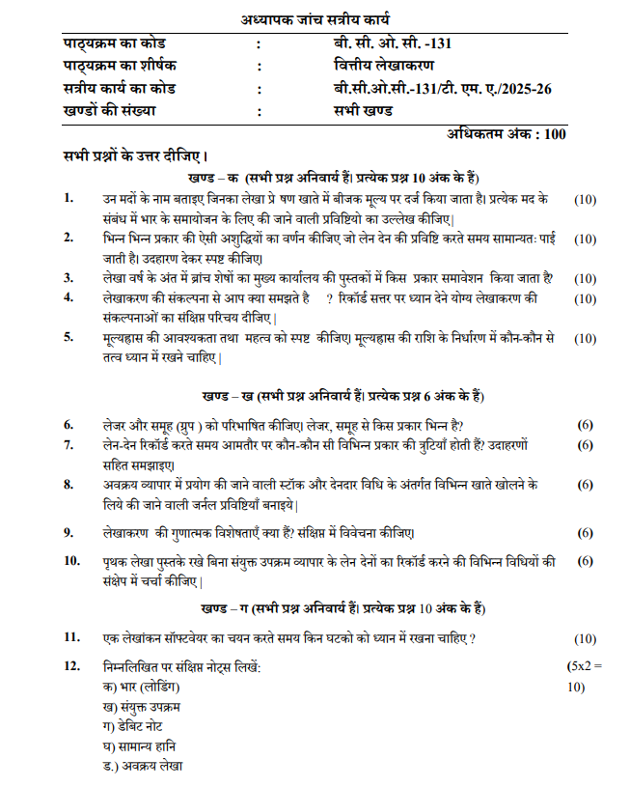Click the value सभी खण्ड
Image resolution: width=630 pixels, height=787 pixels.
pos(359,111)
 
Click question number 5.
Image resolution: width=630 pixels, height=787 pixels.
pos(68,338)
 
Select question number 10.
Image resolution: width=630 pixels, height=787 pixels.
pos(72,560)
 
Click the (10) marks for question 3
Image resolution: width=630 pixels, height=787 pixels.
pos(585,278)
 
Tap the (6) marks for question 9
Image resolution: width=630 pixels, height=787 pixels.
pos(585,532)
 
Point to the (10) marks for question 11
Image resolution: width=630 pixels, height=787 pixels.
pos(585,638)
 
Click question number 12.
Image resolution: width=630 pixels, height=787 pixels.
pos(72,666)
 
